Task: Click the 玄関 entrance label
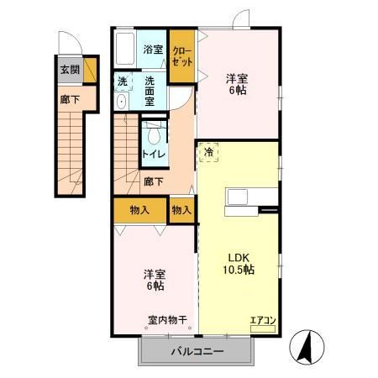click(x=69, y=69)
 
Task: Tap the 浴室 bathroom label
click(x=152, y=49)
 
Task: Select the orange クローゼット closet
click(x=182, y=56)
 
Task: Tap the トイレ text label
click(x=153, y=155)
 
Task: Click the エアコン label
click(x=262, y=318)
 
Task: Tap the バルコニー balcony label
click(x=198, y=352)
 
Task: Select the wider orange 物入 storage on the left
click(x=140, y=210)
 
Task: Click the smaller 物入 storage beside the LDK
click(x=182, y=210)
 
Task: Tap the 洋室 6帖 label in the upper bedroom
click(x=237, y=86)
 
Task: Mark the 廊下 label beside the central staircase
click(x=152, y=181)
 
